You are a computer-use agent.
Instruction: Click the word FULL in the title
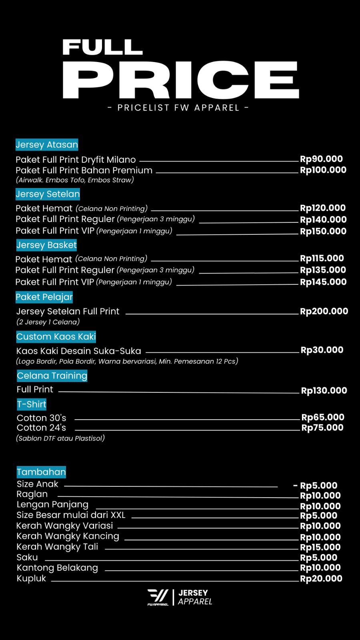[102, 47]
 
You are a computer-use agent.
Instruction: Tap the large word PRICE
[181, 80]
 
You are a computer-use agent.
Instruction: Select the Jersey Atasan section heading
[47, 144]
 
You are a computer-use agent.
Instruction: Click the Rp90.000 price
[321, 159]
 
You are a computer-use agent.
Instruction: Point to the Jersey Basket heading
[46, 245]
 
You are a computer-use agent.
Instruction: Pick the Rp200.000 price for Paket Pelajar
[324, 311]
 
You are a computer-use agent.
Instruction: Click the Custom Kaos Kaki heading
[56, 337]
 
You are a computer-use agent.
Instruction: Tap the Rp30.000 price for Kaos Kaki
[322, 350]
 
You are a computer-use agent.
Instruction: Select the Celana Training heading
[52, 376]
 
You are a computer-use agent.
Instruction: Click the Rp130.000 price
[324, 390]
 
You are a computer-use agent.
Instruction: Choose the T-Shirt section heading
[32, 404]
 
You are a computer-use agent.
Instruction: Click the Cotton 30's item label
[42, 418]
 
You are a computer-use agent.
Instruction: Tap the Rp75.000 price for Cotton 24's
[322, 428]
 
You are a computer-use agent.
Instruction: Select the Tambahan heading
[41, 472]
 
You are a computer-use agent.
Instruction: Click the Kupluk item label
[32, 578]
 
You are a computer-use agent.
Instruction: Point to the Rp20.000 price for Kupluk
[321, 578]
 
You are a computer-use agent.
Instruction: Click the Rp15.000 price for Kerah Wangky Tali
[320, 547]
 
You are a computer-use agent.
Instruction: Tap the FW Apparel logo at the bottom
[158, 597]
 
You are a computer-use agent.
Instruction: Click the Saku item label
[27, 557]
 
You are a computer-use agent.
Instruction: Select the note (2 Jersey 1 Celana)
[48, 322]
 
